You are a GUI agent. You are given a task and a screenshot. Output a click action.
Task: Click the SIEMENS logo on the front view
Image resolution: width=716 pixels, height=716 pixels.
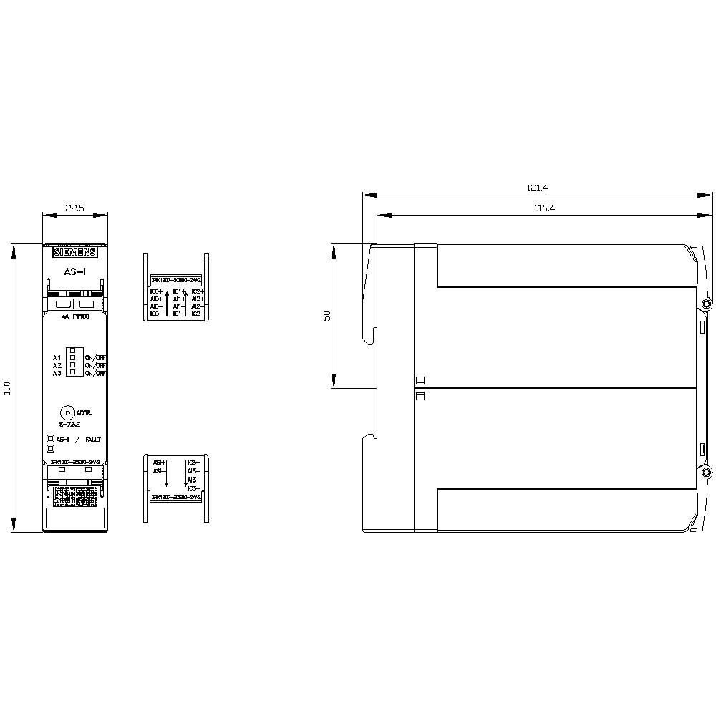[74, 253]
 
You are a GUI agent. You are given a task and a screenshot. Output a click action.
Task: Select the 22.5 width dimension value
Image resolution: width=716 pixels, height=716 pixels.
[75, 208]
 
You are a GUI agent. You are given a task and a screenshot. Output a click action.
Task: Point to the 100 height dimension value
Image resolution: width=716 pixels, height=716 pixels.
[8, 388]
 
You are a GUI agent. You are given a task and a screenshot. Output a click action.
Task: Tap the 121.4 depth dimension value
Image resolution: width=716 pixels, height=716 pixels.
[537, 188]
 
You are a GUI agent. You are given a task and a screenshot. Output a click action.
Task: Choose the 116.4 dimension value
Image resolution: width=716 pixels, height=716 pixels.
[543, 208]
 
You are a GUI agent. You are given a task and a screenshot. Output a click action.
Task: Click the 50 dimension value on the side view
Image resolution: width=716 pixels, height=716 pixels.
[327, 316]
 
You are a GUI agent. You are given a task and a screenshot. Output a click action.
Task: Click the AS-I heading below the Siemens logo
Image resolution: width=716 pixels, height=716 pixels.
[74, 272]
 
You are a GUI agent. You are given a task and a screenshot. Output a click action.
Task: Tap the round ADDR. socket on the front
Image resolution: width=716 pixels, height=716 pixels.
[67, 412]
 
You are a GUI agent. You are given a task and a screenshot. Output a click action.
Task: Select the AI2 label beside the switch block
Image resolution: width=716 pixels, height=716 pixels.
[57, 365]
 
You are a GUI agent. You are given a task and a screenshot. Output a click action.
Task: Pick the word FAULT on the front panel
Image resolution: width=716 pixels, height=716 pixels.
[93, 439]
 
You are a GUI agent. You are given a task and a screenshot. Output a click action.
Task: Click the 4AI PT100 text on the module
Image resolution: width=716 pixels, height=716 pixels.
[74, 316]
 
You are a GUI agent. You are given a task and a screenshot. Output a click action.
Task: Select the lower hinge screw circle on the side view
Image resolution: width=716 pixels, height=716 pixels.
[706, 473]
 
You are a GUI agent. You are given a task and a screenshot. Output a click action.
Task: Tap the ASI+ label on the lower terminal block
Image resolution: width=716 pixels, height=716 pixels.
[158, 463]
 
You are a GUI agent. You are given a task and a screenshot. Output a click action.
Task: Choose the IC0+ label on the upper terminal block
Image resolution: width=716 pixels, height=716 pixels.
[156, 292]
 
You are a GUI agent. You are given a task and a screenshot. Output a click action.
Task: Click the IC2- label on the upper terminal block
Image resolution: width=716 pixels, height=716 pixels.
[198, 314]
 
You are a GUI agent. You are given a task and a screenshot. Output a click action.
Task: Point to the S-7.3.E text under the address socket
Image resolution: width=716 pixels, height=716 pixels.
[70, 425]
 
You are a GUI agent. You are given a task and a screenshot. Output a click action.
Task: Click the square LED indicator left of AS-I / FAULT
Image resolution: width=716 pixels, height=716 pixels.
[51, 439]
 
